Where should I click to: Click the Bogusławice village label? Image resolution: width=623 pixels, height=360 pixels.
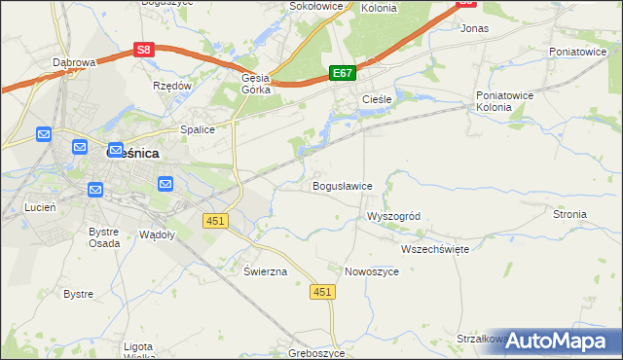[342, 186]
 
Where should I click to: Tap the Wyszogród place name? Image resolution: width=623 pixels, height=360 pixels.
[392, 216]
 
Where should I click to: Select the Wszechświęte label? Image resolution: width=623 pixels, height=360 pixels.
[435, 249]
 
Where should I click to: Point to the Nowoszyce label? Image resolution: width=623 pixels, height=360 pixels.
[372, 271]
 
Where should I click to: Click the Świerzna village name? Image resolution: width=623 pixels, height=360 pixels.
[265, 271]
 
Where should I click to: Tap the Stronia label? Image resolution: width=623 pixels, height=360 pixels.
[569, 214]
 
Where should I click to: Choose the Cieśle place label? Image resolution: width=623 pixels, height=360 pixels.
[377, 100]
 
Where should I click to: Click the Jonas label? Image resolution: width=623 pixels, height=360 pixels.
[474, 29]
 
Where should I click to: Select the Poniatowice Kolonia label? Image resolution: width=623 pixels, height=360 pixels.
[501, 101]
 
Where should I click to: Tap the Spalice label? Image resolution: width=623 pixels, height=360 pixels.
[197, 128]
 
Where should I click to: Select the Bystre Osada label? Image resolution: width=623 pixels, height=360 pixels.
[104, 237]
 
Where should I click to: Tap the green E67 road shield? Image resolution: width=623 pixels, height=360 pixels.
[342, 73]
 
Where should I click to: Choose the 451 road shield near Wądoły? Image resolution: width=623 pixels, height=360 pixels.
[215, 221]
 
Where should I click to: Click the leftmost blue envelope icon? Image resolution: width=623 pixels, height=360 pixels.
[44, 133]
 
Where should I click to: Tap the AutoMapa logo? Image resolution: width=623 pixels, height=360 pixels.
[555, 341]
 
